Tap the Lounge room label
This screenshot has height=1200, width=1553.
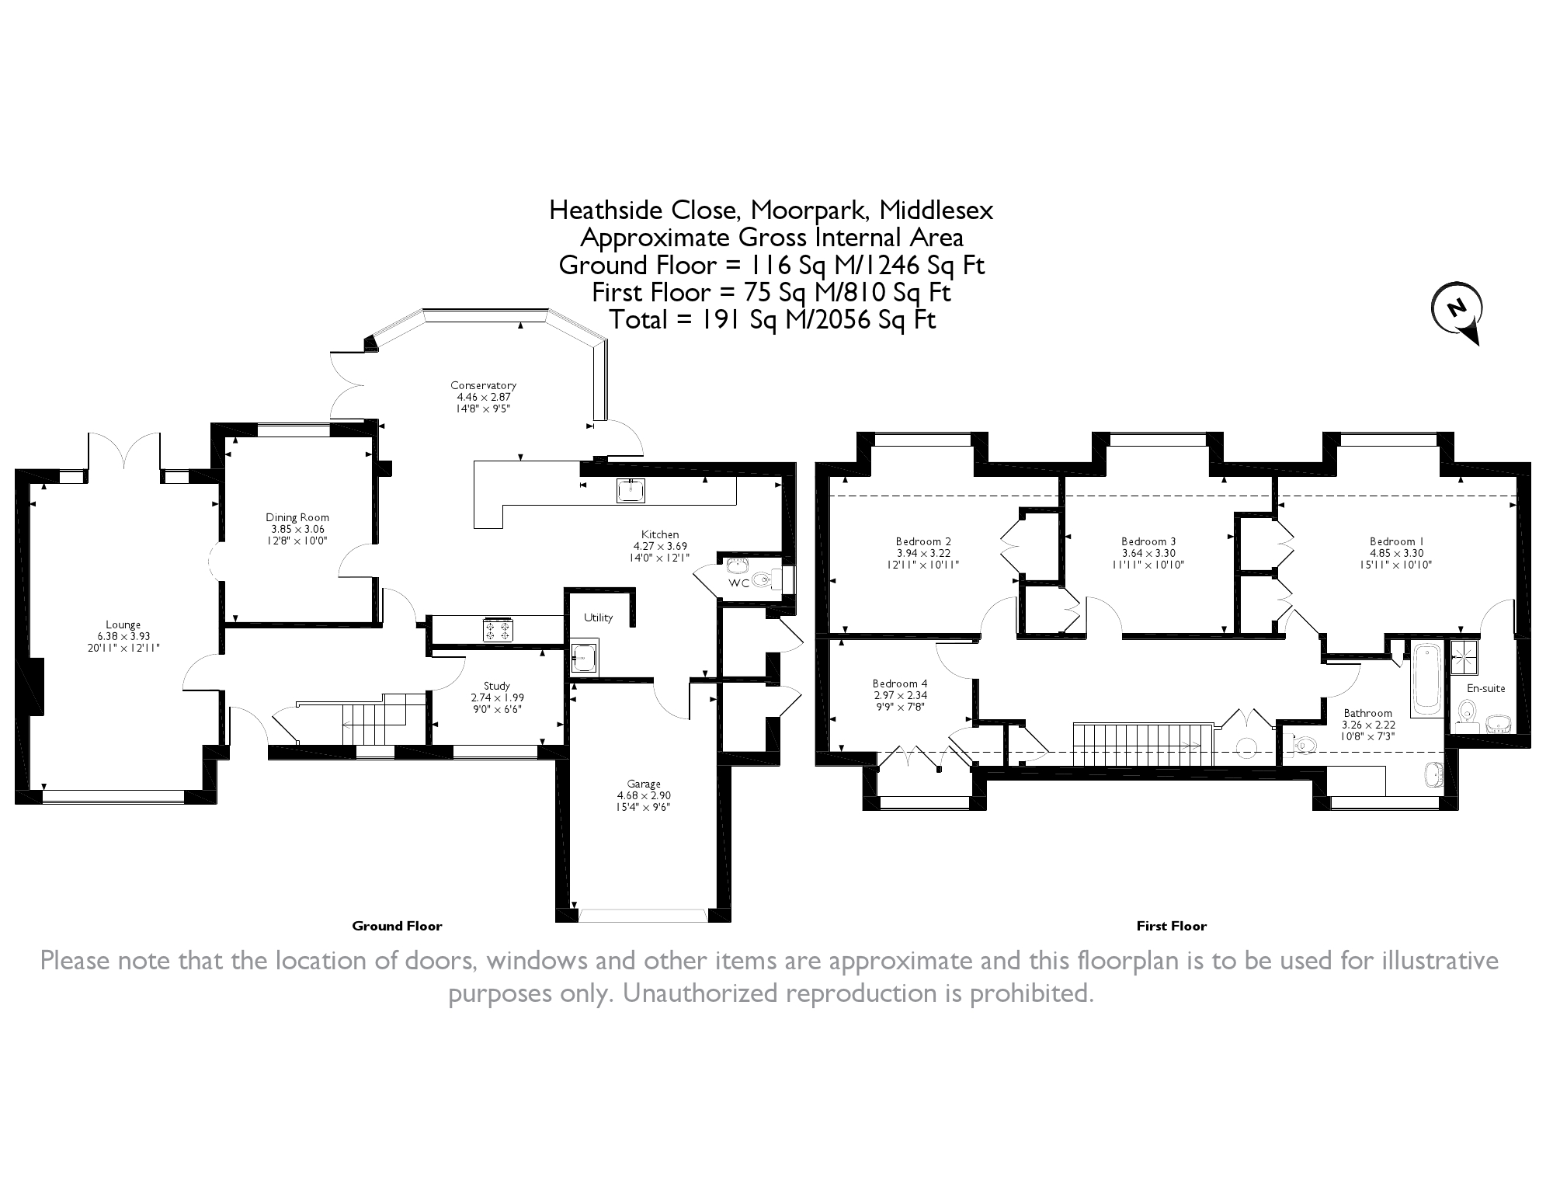point(123,624)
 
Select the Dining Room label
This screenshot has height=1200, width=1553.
point(297,517)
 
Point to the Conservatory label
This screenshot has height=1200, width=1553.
point(483,385)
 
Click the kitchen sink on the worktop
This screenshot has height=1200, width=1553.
point(631,490)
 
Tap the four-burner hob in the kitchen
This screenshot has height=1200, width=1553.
point(498,629)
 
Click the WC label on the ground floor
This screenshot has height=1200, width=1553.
point(738,583)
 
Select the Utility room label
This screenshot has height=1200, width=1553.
point(598,617)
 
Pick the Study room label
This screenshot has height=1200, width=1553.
point(497,686)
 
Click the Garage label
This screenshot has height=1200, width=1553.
point(644,784)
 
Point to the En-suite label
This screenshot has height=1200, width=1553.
point(1485,688)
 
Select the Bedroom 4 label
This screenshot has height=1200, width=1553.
point(899,684)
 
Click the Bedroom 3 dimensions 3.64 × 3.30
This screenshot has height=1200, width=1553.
point(1148,554)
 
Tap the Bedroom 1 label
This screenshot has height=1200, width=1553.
point(1396,541)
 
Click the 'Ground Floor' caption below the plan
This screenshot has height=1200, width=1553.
point(397,926)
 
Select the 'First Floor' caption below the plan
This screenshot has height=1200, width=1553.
point(1171,926)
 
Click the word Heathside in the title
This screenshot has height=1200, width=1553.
point(605,210)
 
